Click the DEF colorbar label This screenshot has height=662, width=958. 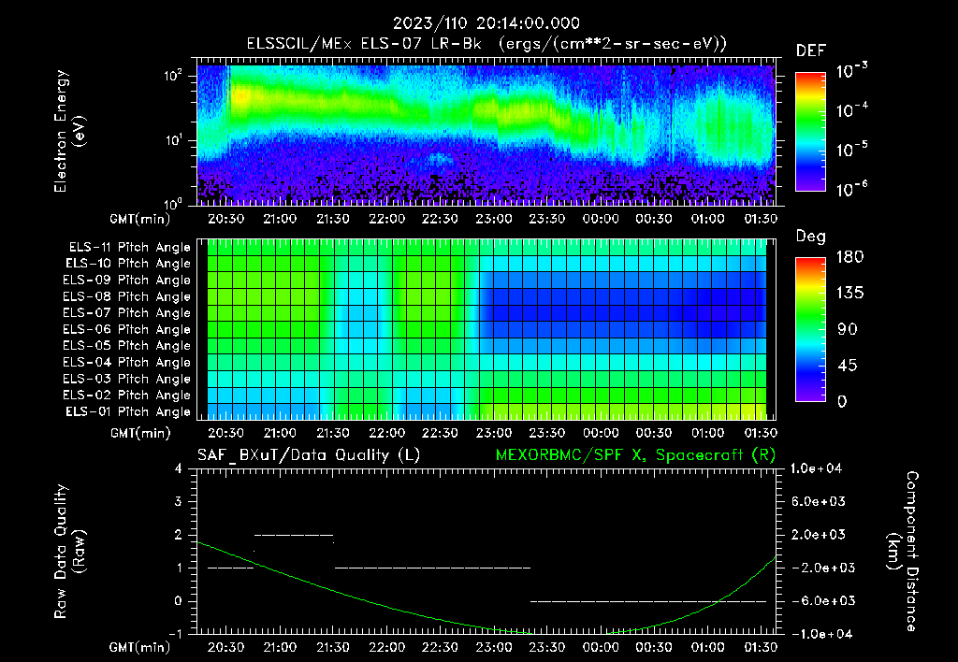(810, 50)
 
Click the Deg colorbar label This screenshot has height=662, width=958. (810, 237)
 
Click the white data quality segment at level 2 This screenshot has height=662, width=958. (294, 535)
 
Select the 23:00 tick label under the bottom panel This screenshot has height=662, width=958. (493, 646)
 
